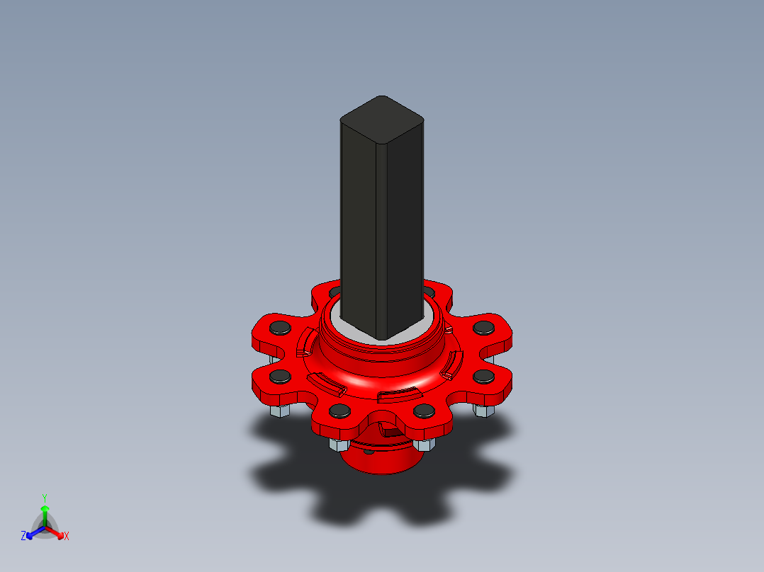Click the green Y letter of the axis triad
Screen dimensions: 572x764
tap(44, 498)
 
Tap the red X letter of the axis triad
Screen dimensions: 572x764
tap(67, 536)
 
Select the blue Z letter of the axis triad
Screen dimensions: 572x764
tap(23, 536)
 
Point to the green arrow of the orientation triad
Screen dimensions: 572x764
tap(44, 513)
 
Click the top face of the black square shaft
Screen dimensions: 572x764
tap(382, 115)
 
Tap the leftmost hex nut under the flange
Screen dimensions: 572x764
tap(277, 411)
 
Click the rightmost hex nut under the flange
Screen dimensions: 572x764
tap(484, 411)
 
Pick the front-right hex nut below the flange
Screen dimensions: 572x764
tap(423, 444)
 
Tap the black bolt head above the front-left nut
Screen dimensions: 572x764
tap(339, 411)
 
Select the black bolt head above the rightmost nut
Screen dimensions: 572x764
tap(483, 375)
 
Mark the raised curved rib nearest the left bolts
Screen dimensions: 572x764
tap(305, 343)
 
